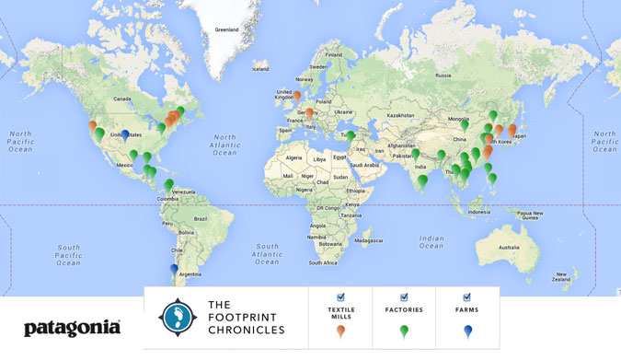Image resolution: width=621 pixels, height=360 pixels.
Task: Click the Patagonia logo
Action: [72, 328]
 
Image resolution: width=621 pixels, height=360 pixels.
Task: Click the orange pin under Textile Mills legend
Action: [340, 331]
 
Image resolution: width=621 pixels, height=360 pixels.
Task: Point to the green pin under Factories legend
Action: [404, 331]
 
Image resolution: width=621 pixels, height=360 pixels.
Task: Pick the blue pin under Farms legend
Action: [467, 331]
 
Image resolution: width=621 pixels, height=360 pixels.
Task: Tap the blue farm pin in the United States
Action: [125, 134]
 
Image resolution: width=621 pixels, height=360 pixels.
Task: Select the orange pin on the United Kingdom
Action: [297, 95]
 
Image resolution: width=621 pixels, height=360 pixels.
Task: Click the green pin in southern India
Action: [421, 181]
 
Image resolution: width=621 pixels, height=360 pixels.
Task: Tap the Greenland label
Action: [226, 29]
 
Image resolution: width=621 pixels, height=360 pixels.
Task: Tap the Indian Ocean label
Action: [430, 241]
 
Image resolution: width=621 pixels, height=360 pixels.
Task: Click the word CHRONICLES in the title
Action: [245, 329]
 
